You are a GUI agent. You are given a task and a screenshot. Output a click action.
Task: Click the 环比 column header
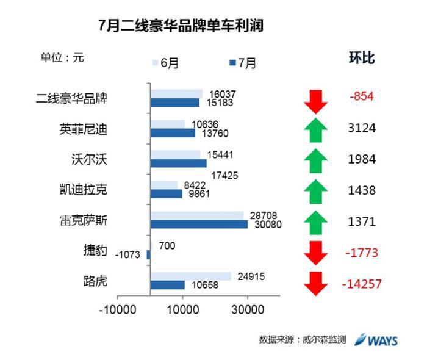(361, 59)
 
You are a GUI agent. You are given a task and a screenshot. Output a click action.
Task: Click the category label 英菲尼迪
(84, 129)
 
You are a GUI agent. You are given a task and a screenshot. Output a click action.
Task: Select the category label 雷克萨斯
(84, 220)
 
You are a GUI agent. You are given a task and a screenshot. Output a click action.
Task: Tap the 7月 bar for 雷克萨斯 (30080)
(199, 225)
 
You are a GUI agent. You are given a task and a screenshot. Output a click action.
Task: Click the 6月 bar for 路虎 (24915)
(190, 276)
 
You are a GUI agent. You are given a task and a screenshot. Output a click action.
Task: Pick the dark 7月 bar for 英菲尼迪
(173, 133)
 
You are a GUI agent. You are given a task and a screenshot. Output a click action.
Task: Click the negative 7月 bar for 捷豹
(148, 254)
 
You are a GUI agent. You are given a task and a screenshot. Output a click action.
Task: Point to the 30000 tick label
(248, 309)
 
